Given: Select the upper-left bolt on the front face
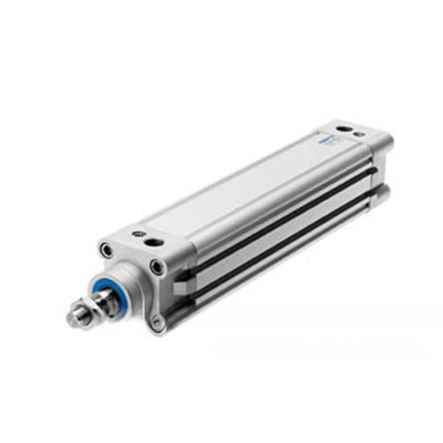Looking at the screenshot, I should point(107,250).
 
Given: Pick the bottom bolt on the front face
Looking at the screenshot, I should point(158,321).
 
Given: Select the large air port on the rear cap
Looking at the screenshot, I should point(344,130).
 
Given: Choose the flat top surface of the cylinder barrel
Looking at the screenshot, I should point(238,188).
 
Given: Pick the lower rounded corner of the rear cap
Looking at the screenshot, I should point(382,191).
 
